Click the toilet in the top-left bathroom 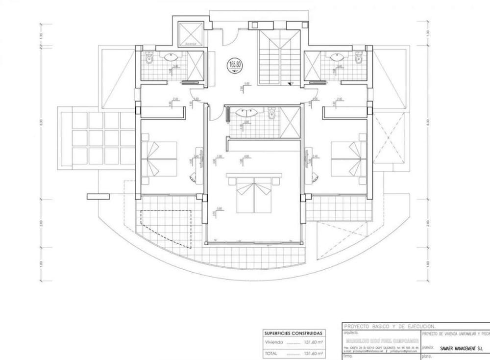[x=150, y=59]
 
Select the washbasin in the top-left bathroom [x=171, y=57]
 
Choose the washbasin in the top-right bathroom [x=337, y=57]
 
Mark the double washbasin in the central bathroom [x=244, y=113]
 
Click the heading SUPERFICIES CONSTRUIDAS [x=294, y=333]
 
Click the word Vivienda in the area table [x=274, y=343]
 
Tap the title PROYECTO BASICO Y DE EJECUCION [x=390, y=326]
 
